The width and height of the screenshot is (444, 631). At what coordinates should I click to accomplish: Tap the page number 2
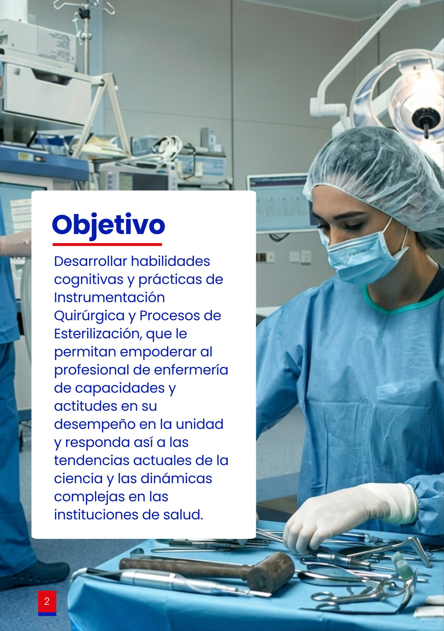click(x=47, y=601)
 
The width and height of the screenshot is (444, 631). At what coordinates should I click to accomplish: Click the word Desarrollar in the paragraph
click(x=91, y=261)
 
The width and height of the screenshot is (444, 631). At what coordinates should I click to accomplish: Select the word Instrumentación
click(x=109, y=297)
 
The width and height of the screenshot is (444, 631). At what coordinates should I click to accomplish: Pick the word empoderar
click(x=158, y=352)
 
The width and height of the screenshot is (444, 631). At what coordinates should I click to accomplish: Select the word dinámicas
click(x=176, y=479)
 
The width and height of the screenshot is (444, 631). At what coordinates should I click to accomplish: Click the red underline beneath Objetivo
click(x=107, y=244)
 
